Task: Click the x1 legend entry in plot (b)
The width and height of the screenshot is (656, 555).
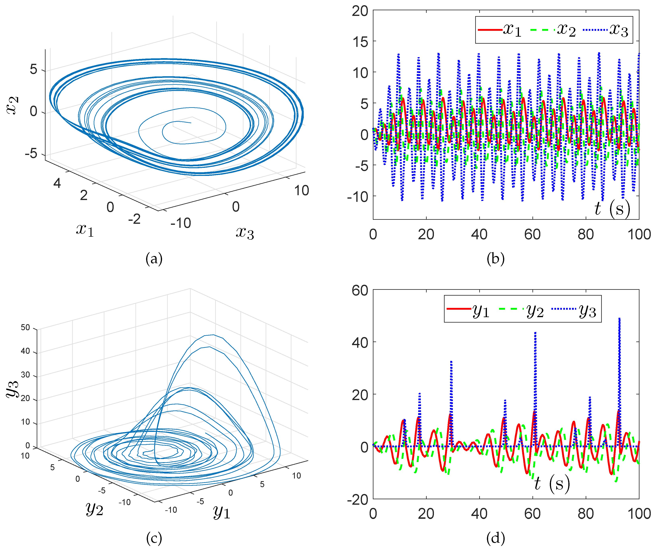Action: (500, 30)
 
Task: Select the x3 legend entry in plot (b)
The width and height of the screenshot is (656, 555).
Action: (606, 30)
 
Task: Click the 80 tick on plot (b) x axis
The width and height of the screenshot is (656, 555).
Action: (586, 234)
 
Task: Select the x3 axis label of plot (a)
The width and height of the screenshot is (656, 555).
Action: (245, 233)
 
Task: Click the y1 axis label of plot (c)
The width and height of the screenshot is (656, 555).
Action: (221, 512)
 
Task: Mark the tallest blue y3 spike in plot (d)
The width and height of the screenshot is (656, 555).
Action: (620, 319)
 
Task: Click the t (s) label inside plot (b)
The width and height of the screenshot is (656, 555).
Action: (612, 209)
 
